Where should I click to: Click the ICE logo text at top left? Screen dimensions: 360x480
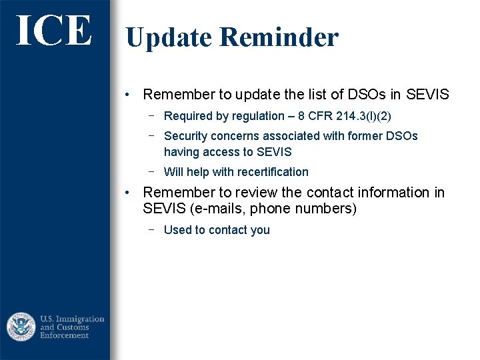(x=53, y=31)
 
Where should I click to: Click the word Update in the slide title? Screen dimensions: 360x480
(x=168, y=37)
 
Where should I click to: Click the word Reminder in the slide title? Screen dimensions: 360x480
(x=279, y=37)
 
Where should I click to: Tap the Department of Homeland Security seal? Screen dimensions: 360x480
(x=21, y=327)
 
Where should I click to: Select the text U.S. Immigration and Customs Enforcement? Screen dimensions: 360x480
(x=72, y=327)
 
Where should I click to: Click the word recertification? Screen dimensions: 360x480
(x=269, y=172)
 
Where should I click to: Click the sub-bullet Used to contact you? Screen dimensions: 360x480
(x=217, y=230)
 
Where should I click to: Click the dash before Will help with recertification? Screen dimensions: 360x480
(x=152, y=171)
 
